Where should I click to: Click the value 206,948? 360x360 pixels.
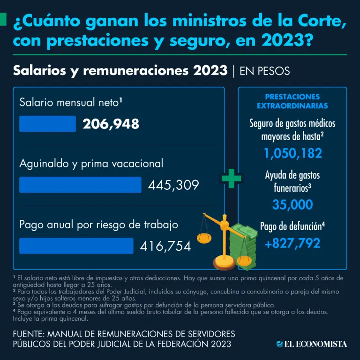point(111,124)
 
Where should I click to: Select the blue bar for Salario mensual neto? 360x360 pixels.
point(47,124)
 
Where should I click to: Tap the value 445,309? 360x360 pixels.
point(173,185)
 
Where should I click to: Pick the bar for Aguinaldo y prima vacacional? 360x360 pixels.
point(80,185)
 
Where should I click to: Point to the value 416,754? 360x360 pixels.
point(165,246)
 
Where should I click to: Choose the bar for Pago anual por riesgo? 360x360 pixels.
point(76,246)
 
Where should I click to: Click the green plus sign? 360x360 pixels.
point(231,180)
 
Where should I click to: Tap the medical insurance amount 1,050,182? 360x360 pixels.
point(292,153)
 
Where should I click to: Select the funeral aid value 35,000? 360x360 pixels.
point(292,204)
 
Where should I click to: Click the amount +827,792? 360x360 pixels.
point(292,243)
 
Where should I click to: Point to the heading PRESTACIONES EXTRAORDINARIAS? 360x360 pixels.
point(292,101)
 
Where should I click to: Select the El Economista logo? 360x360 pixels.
point(311,344)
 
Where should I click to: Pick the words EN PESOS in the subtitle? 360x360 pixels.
point(264,71)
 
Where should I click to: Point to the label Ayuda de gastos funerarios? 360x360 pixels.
point(292,181)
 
